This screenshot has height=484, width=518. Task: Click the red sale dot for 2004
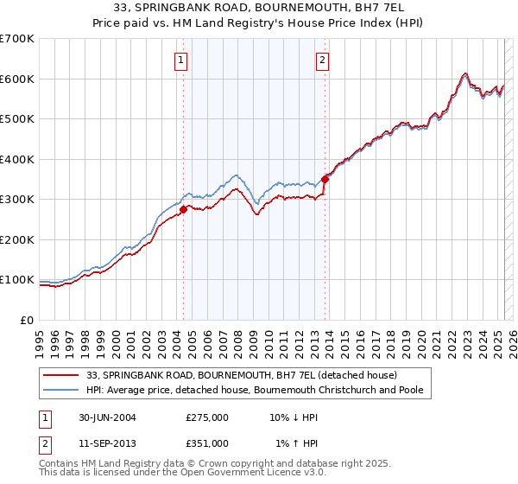click(x=183, y=209)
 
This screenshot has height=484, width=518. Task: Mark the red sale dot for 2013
click(x=325, y=180)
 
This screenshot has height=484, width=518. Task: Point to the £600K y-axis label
click(x=17, y=79)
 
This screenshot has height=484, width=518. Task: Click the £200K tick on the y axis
click(x=17, y=239)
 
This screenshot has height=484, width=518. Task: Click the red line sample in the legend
click(x=61, y=375)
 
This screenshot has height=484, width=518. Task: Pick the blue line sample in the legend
click(x=61, y=390)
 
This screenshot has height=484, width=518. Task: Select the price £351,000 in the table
click(x=207, y=443)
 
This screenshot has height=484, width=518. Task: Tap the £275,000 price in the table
click(x=207, y=417)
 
